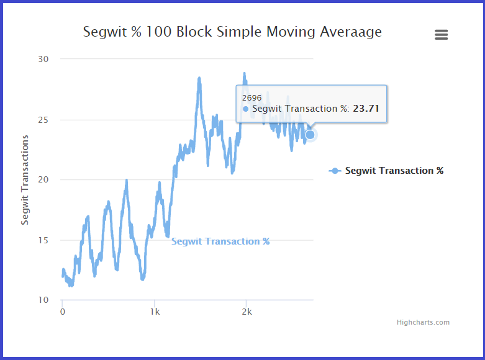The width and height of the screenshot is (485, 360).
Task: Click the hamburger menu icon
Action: click(441, 35)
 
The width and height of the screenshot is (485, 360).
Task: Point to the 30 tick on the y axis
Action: click(49, 59)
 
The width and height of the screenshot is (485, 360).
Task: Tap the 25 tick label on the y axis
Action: click(49, 119)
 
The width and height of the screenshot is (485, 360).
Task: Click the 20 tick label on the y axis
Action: click(49, 180)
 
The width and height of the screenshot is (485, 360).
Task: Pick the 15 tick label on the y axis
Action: click(49, 240)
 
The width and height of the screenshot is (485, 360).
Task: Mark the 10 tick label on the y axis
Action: click(49, 300)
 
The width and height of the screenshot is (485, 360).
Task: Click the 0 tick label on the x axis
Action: click(63, 312)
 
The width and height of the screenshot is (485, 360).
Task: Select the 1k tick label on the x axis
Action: click(155, 312)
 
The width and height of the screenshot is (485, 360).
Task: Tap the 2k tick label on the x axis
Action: click(247, 312)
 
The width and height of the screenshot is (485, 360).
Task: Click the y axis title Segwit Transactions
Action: click(25, 180)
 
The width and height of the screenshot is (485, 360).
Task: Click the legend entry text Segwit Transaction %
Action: click(394, 171)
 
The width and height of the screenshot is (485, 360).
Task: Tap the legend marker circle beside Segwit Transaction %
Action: click(335, 171)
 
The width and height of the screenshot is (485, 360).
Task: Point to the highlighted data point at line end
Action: click(310, 134)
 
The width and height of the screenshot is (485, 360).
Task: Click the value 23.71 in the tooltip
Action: click(366, 109)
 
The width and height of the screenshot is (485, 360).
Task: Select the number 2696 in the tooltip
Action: click(252, 98)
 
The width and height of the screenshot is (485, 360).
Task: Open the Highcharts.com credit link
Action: click(423, 322)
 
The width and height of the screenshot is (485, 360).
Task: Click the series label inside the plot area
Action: click(220, 241)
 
